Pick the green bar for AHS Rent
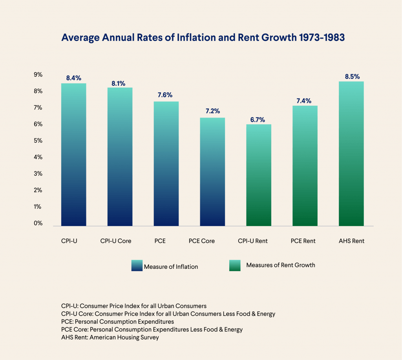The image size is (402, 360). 351,154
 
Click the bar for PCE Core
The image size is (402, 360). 212,172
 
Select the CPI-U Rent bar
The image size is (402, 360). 259,175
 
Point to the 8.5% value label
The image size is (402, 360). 352,77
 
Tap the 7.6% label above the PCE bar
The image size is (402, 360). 166,95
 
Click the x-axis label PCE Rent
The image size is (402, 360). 303,241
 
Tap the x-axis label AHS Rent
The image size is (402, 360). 351,241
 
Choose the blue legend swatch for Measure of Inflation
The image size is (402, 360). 136,266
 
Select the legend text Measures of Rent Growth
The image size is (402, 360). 280,265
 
